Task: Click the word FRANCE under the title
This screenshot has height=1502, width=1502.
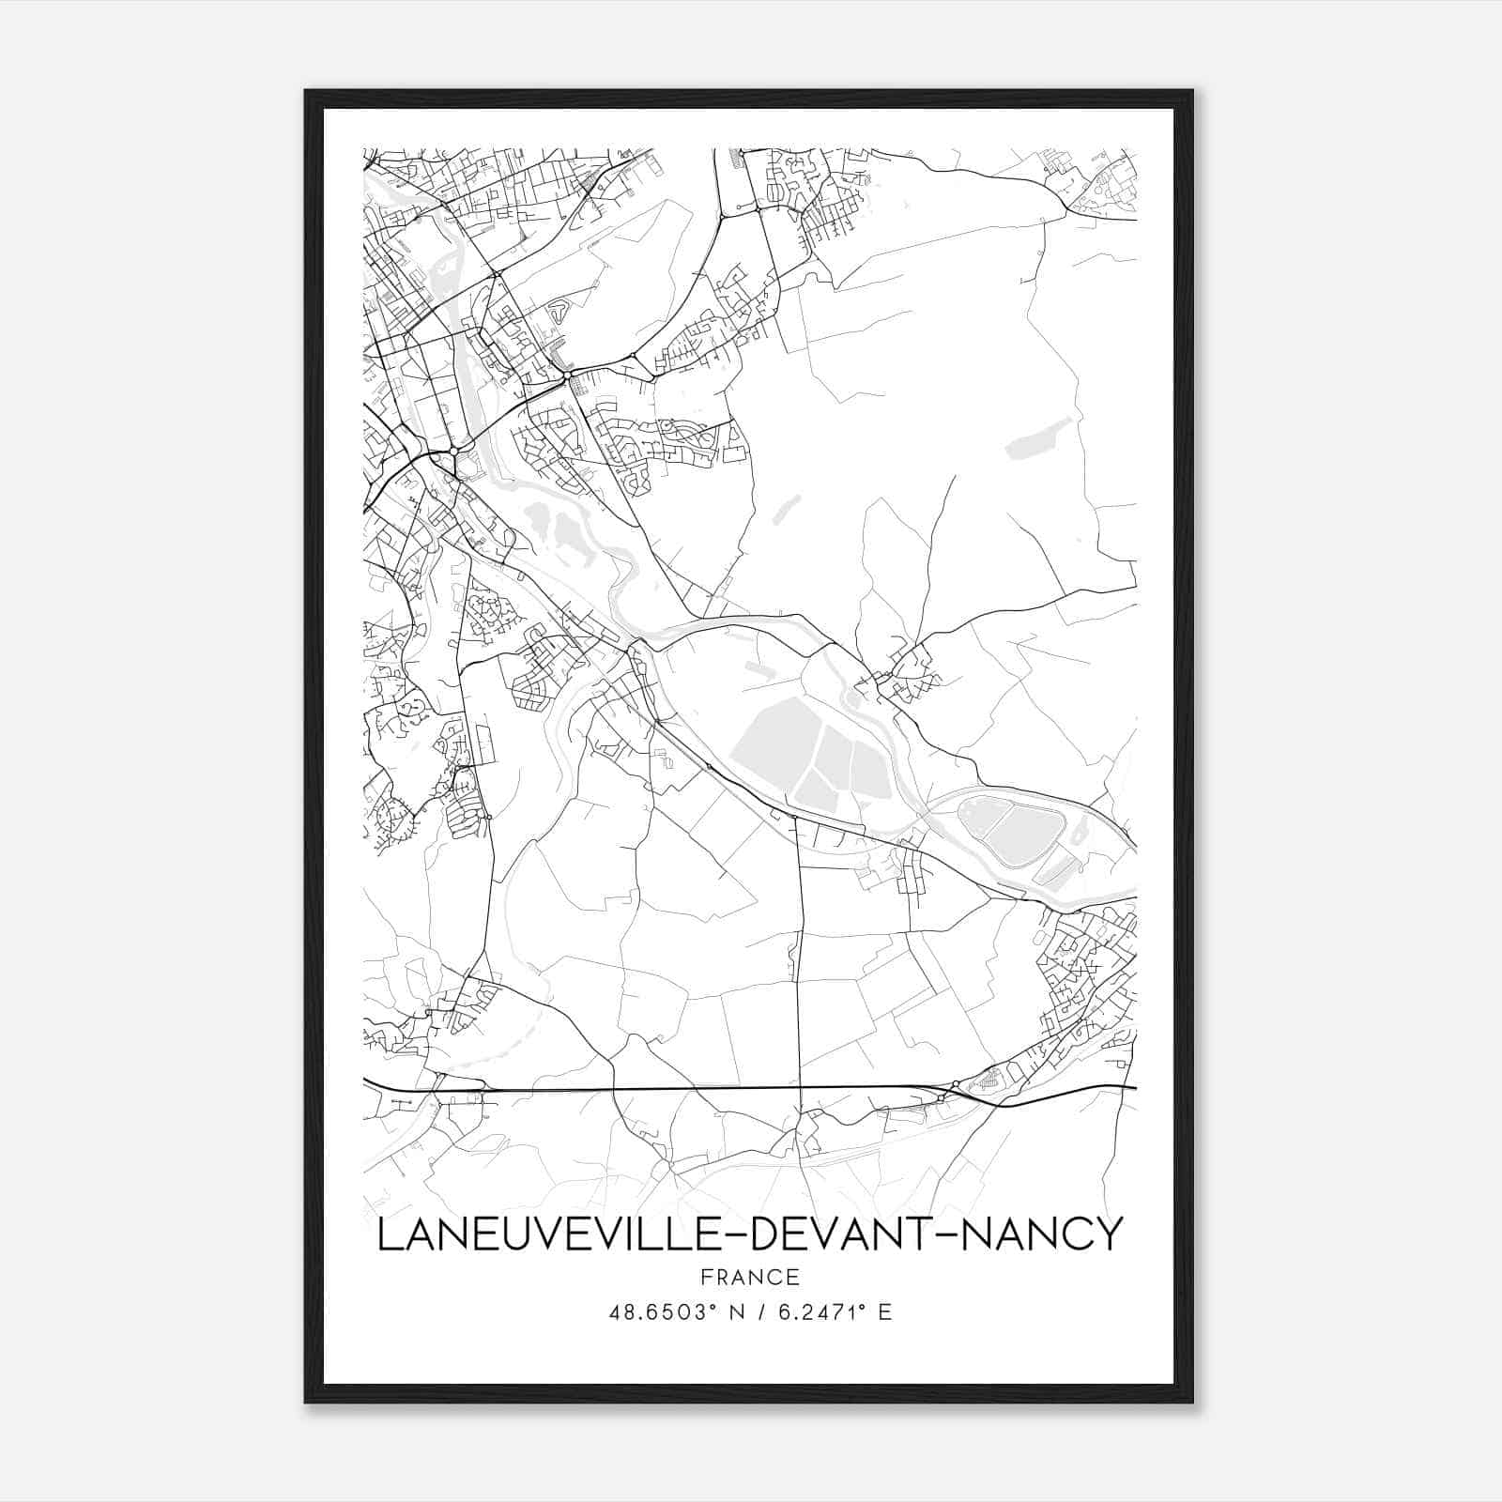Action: click(749, 1278)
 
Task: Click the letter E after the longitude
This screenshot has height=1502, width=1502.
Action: click(883, 1312)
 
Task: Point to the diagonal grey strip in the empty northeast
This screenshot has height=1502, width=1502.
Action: click(1037, 438)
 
